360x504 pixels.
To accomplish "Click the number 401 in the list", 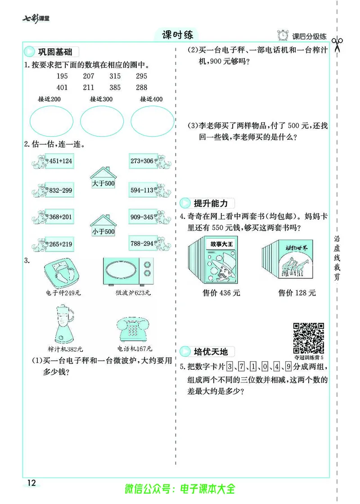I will pyautogui.click(x=62, y=87).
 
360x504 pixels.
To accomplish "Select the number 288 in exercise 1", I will pyautogui.click(x=141, y=87).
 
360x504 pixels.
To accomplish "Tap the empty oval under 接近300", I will pyautogui.click(x=102, y=121).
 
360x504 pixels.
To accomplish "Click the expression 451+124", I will pyautogui.click(x=60, y=161).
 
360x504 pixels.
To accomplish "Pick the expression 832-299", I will pyautogui.click(x=60, y=191).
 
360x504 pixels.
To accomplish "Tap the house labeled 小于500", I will pyautogui.click(x=103, y=225).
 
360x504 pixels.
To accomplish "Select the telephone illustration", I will pyautogui.click(x=134, y=331).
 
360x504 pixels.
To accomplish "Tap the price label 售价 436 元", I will pyautogui.click(x=221, y=293).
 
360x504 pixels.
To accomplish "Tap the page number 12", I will pyautogui.click(x=31, y=483).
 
